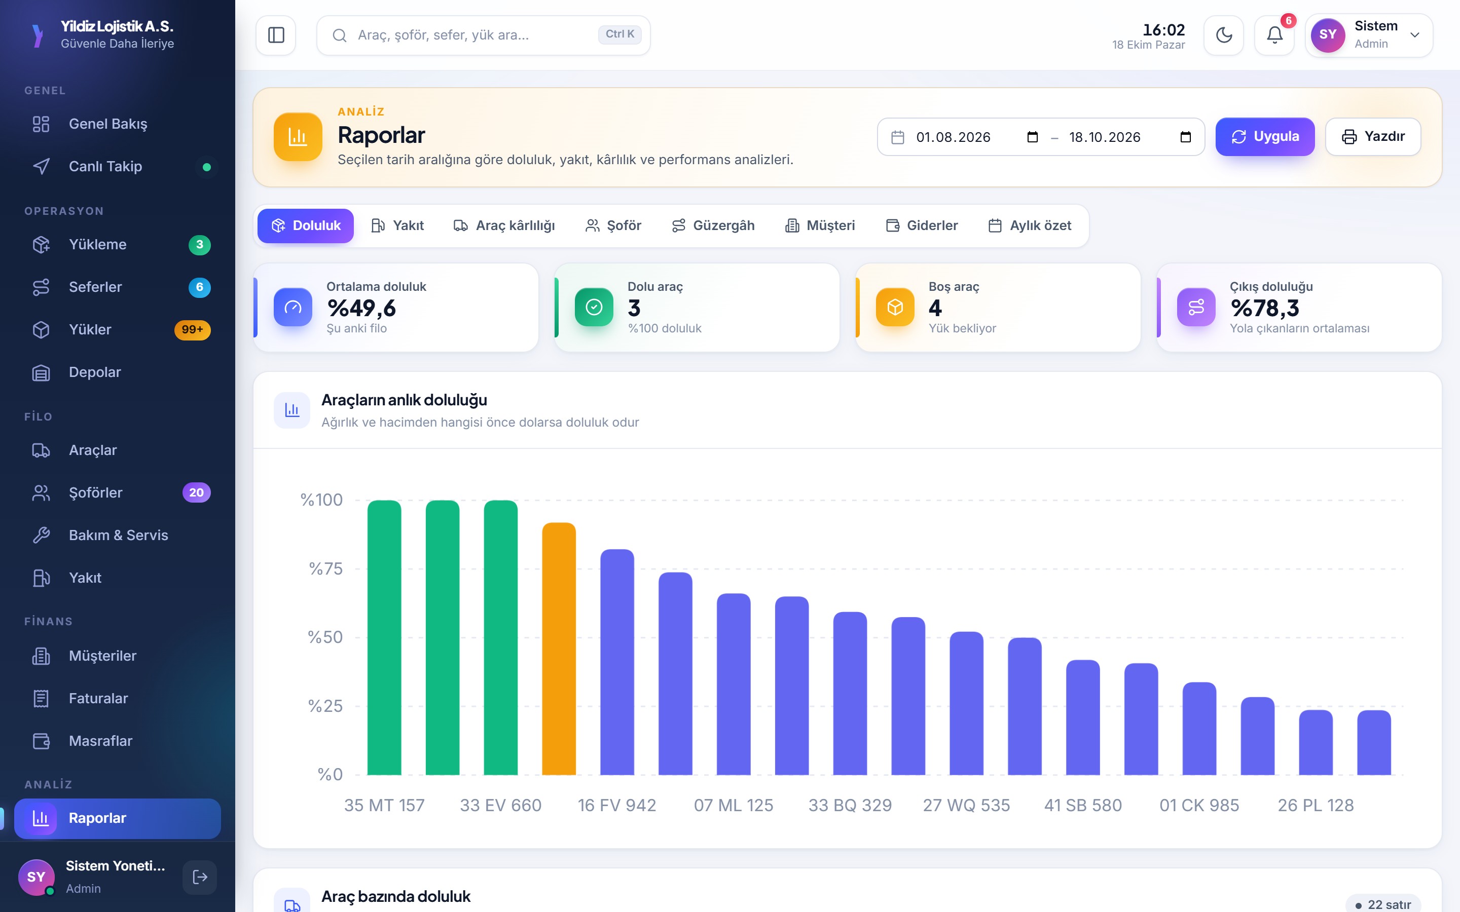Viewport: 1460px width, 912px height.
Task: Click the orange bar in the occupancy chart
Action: [559, 649]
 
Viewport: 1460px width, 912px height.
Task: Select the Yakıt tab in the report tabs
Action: [397, 225]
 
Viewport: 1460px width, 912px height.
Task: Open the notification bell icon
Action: [1274, 35]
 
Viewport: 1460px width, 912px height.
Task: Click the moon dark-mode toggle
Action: [1223, 35]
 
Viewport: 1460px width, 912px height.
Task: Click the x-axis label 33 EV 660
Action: [501, 805]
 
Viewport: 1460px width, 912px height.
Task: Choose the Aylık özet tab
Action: [1030, 225]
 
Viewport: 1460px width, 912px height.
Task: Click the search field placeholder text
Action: [444, 35]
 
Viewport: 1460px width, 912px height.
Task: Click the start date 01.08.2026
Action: [953, 137]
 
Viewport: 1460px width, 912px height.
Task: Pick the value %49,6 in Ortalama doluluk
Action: [361, 308]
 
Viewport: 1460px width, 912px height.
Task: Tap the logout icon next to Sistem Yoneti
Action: [200, 877]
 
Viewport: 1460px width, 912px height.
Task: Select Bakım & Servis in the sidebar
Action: [118, 535]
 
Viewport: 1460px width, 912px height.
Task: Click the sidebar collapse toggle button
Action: [276, 35]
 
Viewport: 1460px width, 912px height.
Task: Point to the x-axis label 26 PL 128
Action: [1316, 805]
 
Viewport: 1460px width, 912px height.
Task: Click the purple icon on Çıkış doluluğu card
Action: [1196, 307]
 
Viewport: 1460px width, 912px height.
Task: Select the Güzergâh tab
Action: [713, 225]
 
